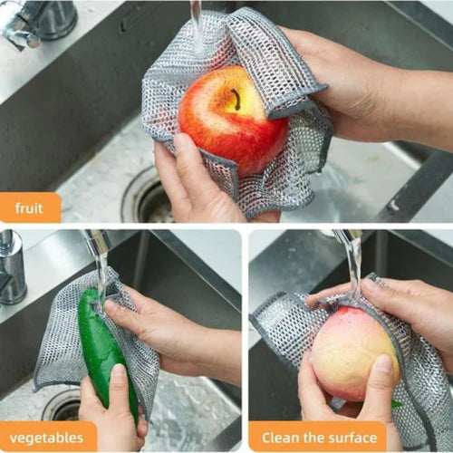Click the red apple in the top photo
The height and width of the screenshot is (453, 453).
pos(233,120)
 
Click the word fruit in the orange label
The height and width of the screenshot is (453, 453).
pos(29,208)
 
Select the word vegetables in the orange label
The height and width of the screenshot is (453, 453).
pos(46,438)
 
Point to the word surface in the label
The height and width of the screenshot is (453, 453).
pos(353,438)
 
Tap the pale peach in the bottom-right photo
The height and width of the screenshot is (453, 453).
pos(355,353)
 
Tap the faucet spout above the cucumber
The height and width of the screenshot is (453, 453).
pos(97,242)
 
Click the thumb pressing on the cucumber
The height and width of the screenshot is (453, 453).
pos(120,390)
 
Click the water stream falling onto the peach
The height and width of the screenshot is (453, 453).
pos(354,265)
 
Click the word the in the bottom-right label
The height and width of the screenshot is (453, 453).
pos(313,438)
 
